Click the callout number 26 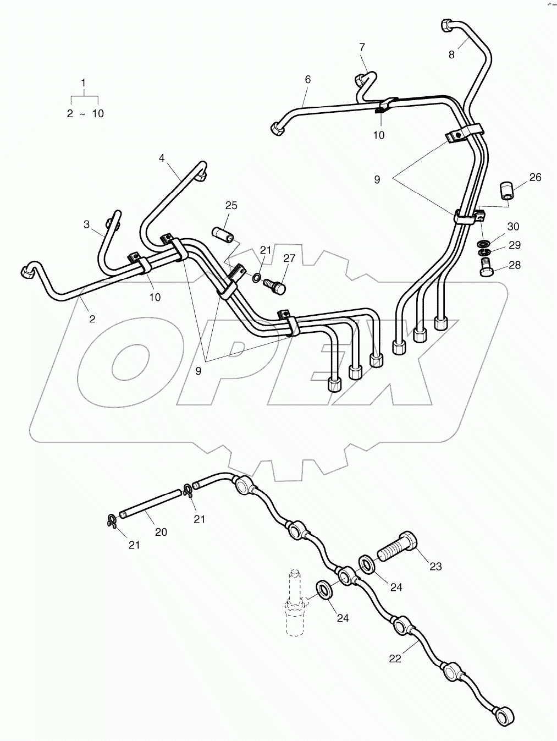coord(535,177)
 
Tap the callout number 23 coord(435,566)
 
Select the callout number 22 coord(395,658)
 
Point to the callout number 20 coord(161,532)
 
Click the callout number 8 coord(451,54)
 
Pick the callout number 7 coord(362,47)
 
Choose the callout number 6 coord(307,80)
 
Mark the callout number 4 coord(162,158)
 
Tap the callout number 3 coord(86,224)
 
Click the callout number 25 coord(231,206)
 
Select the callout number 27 coord(289,258)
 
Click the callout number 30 coord(513,227)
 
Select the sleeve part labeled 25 coord(224,235)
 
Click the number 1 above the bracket coord(84,83)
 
